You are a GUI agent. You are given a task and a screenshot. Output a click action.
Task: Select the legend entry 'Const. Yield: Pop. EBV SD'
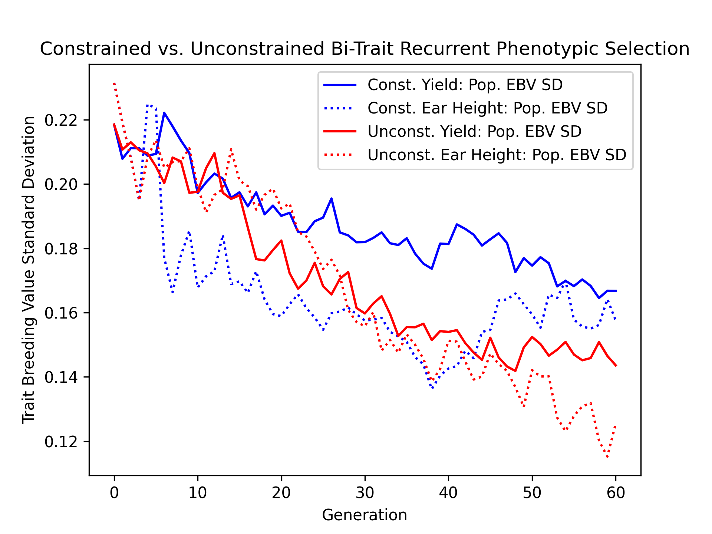(465, 85)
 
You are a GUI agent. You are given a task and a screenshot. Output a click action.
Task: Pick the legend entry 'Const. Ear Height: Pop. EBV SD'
(487, 108)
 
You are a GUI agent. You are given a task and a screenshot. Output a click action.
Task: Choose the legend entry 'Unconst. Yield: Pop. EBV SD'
(474, 132)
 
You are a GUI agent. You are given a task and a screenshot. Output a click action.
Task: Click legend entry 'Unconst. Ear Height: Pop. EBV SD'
(497, 155)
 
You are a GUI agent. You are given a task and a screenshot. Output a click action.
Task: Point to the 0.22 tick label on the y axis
(61, 120)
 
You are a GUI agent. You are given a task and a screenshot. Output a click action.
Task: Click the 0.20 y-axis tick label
(61, 184)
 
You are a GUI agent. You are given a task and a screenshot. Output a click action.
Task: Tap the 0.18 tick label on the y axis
(61, 249)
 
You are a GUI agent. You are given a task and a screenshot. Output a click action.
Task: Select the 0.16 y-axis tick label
(61, 313)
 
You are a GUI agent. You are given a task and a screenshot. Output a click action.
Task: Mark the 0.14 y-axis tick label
(61, 378)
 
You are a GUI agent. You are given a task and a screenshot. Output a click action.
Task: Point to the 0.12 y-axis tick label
(61, 442)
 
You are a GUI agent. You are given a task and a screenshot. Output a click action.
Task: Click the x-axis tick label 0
(114, 493)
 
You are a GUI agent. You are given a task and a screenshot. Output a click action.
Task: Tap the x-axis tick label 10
(198, 493)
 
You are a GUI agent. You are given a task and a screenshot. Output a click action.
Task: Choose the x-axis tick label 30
(365, 493)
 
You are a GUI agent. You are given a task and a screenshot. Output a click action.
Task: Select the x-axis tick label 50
(532, 493)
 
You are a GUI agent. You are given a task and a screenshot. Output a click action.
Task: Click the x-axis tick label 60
(616, 493)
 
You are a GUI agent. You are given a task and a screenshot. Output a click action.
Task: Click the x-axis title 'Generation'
(365, 515)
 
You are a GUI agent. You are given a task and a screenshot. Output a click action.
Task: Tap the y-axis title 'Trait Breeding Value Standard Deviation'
(29, 270)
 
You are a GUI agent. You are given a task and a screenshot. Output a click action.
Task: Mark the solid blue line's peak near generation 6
(164, 113)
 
